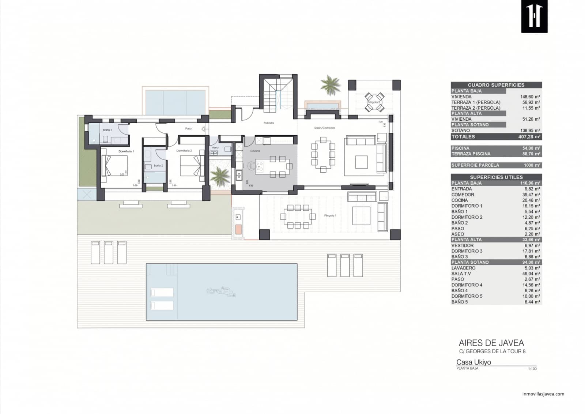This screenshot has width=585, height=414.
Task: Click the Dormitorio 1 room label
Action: pos(126,151)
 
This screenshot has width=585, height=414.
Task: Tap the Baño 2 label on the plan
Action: pos(158,166)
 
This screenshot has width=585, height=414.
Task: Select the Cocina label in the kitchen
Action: pos(255,151)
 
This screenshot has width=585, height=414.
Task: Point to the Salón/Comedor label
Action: pos(324,128)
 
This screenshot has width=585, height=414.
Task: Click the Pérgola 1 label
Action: pos(330,215)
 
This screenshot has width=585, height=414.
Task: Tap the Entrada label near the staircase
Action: pos(269,123)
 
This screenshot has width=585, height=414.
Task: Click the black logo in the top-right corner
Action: pos(534,16)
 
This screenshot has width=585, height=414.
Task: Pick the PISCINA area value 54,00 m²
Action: pos(531,148)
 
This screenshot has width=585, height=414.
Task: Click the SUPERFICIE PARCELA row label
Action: pos(475,165)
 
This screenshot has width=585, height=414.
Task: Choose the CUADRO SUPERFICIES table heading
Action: pos(496,85)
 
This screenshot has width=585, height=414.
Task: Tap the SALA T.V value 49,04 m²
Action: pos(531,274)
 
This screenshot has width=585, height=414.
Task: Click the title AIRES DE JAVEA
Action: pos(491,343)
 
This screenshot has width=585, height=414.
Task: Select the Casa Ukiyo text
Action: pos(473,362)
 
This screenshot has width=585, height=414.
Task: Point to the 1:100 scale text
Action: pos(532,369)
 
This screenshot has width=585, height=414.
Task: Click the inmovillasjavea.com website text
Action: pos(543,394)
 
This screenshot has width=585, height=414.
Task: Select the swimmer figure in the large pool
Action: pos(222,291)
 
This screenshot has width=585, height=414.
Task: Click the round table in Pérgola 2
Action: pos(373,102)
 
